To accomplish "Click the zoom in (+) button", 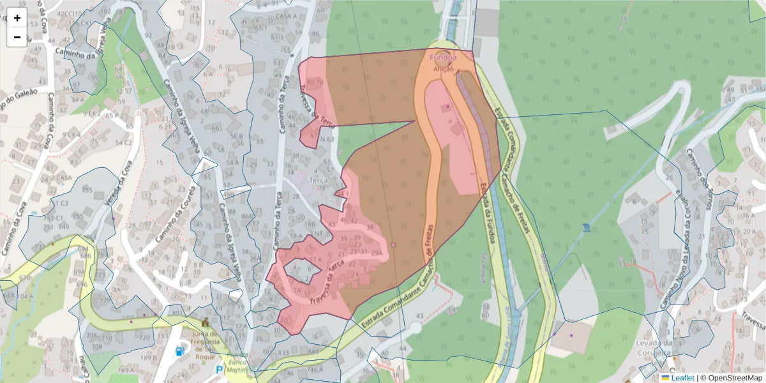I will [17, 18].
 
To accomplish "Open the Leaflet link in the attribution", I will [682, 378].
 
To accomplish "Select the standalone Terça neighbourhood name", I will [318, 181].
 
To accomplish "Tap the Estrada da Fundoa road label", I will [488, 213].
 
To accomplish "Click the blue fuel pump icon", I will [181, 350].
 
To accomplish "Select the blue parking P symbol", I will [220, 370].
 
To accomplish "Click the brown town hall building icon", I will [206, 322].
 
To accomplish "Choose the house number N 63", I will [327, 139].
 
